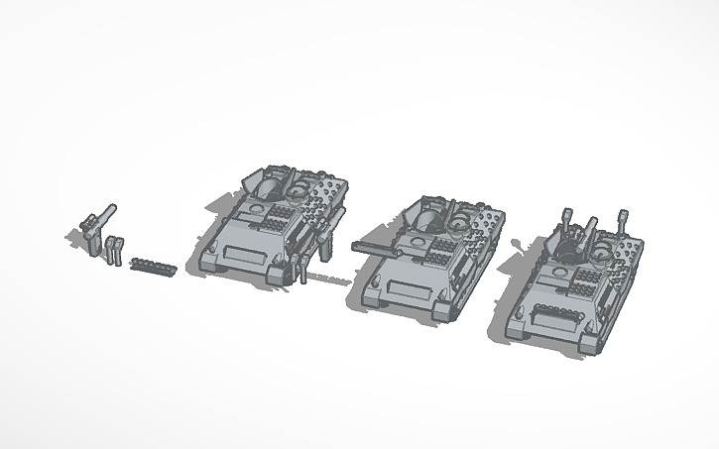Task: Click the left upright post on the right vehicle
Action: pyautogui.click(x=568, y=218)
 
